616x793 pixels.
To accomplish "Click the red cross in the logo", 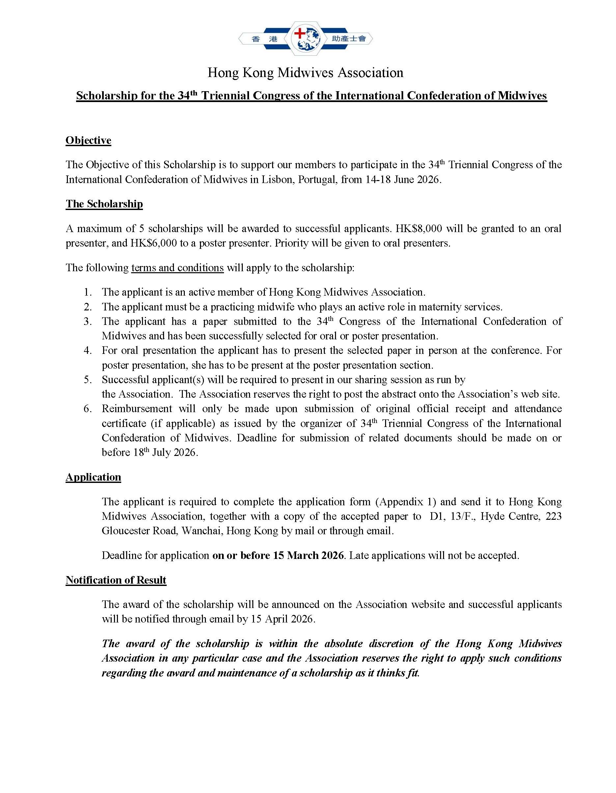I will pyautogui.click(x=299, y=34).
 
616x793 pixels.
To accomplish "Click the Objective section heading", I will pyautogui.click(x=88, y=141).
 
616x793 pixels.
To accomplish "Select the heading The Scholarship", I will pyautogui.click(x=104, y=204).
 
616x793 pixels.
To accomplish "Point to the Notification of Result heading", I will pyautogui.click(x=116, y=580).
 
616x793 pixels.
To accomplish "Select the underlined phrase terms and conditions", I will pyautogui.click(x=177, y=268).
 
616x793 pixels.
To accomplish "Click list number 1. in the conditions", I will pyautogui.click(x=88, y=292).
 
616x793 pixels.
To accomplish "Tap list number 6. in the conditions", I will pyautogui.click(x=88, y=409).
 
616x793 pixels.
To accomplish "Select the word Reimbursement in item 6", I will pyautogui.click(x=137, y=409).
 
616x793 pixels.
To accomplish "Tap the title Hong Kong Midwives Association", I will pyautogui.click(x=305, y=73).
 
